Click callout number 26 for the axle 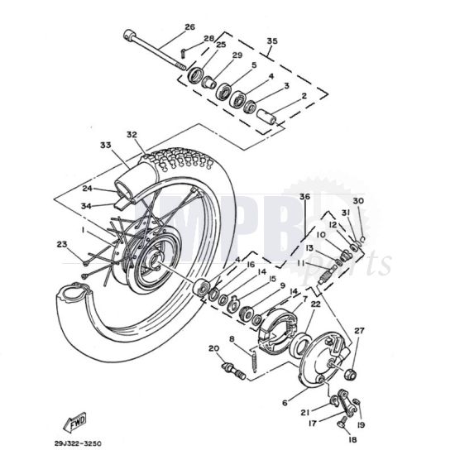[189, 27]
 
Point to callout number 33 [104, 145]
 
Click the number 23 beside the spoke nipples [61, 243]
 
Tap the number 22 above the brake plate [314, 304]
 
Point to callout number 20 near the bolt [213, 348]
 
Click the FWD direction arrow [75, 421]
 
